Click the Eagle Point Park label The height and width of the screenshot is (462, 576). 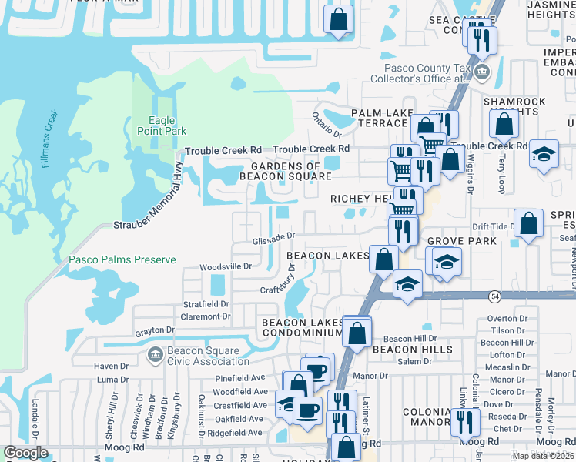[162, 126]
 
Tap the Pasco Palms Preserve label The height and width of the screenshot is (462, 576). [122, 260]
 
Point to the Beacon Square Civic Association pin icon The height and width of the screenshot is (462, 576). [152, 355]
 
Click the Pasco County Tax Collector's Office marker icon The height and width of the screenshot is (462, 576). [483, 73]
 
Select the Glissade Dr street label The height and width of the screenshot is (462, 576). [274, 239]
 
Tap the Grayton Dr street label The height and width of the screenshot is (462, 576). [155, 331]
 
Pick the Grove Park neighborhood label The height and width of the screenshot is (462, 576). [462, 242]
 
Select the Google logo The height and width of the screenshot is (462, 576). [25, 453]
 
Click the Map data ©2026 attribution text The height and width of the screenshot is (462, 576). [543, 456]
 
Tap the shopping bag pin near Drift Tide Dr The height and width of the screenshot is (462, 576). [528, 224]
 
